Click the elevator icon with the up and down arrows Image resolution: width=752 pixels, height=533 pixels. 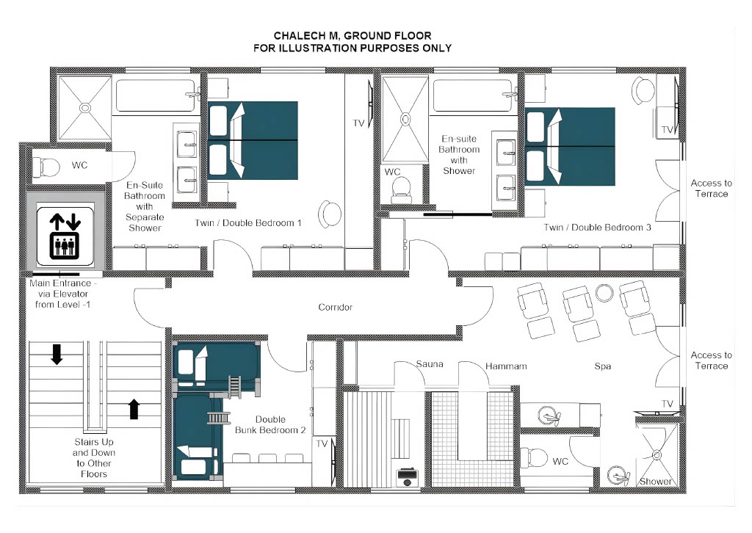[x=65, y=236]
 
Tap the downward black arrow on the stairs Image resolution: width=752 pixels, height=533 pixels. [x=57, y=354]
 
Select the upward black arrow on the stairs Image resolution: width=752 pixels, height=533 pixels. [x=134, y=409]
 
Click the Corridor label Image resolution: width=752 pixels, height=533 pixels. [x=335, y=307]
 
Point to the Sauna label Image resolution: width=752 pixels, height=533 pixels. [x=429, y=364]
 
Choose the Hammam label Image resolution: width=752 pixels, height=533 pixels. [x=506, y=366]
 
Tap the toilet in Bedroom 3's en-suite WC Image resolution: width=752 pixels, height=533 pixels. [x=401, y=191]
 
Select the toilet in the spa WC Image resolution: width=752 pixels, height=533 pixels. [x=535, y=457]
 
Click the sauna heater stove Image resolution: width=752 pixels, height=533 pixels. [x=407, y=477]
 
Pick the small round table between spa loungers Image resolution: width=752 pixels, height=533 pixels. [x=604, y=293]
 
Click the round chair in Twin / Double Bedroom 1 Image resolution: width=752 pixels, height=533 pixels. [x=330, y=214]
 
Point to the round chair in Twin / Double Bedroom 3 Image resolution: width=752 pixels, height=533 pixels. [x=643, y=90]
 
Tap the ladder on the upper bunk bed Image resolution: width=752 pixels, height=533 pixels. [x=234, y=388]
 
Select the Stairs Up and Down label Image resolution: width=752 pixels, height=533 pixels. [x=94, y=457]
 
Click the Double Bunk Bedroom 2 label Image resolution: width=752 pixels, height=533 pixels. [x=270, y=424]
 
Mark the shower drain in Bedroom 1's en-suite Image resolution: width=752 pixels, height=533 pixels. [x=85, y=108]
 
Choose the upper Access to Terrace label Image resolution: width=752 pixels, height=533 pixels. [x=711, y=189]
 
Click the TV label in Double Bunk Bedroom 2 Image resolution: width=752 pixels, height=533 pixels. [x=322, y=444]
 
